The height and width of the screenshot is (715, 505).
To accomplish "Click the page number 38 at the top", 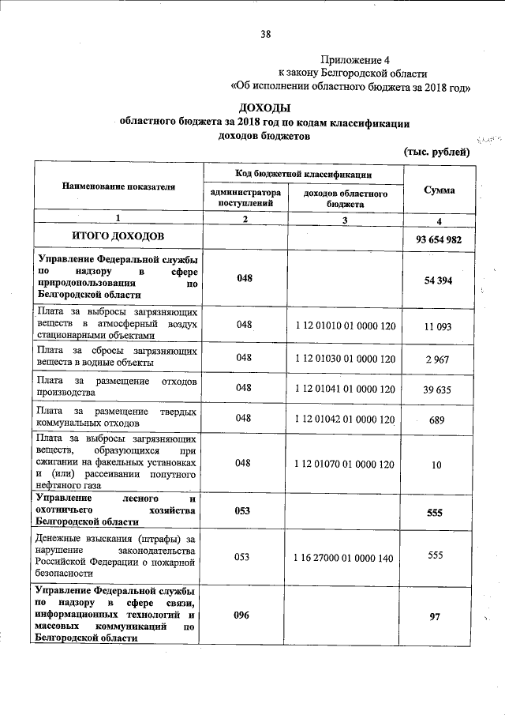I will tap(265, 34).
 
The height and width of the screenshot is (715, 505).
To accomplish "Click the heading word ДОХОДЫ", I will tap(265, 107).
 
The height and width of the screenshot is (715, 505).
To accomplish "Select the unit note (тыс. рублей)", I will tap(436, 152).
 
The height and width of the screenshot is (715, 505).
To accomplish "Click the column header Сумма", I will tap(439, 190).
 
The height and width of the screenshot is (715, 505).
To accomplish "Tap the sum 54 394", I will tap(438, 280).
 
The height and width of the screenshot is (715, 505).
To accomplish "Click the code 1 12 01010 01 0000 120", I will tap(344, 325).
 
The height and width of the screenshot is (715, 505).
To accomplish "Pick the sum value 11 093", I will tap(436, 325).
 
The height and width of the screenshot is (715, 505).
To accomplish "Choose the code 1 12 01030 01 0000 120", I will tap(344, 359).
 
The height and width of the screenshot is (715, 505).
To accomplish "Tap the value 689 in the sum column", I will tap(436, 420).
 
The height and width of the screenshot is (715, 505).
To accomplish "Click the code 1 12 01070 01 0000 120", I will tap(344, 464).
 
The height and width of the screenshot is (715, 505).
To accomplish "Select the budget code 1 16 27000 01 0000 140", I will tap(344, 557).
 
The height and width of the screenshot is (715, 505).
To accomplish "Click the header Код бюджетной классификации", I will tap(303, 173).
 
